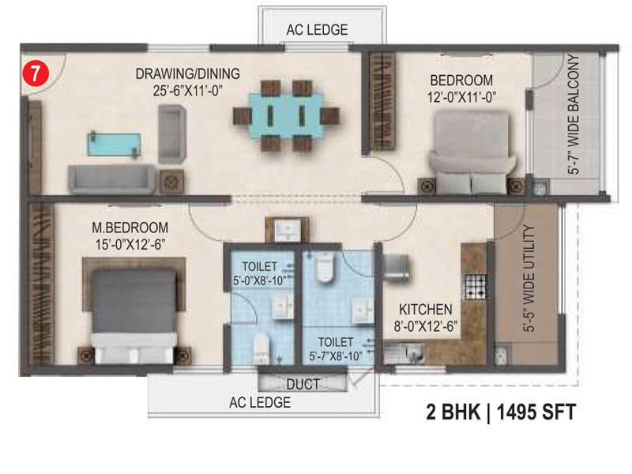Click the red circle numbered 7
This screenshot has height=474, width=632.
pyautogui.click(x=36, y=73)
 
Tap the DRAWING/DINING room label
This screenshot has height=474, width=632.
pyautogui.click(x=188, y=73)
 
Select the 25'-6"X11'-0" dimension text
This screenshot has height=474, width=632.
pyautogui.click(x=188, y=91)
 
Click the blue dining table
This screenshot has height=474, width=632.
pyautogui.click(x=286, y=115)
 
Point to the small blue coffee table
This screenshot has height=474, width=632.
pyautogui.click(x=115, y=145)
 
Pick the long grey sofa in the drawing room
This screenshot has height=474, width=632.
pyautogui.click(x=111, y=179)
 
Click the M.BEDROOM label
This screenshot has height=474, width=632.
pyautogui.click(x=130, y=228)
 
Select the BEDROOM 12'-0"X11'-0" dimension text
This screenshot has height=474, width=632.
pyautogui.click(x=461, y=97)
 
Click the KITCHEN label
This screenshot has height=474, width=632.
pyautogui.click(x=426, y=310)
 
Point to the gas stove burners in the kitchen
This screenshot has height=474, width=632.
pyautogui.click(x=476, y=287)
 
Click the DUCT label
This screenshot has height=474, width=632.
pyautogui.click(x=303, y=384)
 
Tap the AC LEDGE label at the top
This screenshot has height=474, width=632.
pyautogui.click(x=318, y=30)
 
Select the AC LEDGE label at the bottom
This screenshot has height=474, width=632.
pyautogui.click(x=260, y=402)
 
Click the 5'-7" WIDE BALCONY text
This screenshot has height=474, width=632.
pyautogui.click(x=574, y=114)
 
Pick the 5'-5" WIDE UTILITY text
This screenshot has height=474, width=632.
pyautogui.click(x=529, y=278)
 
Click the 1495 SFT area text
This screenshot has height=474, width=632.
pyautogui.click(x=536, y=412)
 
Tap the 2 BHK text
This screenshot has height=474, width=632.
pyautogui.click(x=453, y=412)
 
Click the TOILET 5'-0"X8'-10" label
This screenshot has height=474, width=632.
pyautogui.click(x=260, y=273)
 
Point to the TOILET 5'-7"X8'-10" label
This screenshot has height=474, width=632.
pyautogui.click(x=335, y=349)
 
